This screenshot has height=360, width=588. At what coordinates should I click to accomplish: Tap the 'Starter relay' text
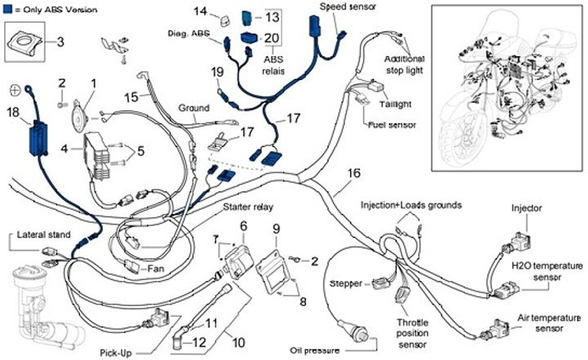tap(248, 207)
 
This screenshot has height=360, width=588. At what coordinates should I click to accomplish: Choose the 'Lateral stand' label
tap(40, 235)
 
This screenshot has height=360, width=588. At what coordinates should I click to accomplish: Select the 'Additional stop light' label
tap(404, 64)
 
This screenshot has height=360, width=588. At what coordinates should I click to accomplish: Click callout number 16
tap(353, 173)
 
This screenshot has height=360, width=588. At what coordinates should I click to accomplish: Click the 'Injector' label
tap(527, 208)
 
